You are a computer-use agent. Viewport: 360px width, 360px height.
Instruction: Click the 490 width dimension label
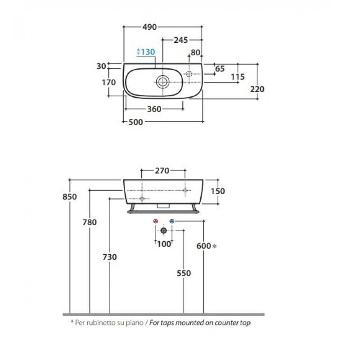(149, 27)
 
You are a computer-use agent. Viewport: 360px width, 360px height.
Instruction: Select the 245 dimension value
(181, 40)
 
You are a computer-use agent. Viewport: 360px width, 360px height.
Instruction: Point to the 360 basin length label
(154, 109)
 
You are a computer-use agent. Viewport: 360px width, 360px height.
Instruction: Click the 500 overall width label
(135, 122)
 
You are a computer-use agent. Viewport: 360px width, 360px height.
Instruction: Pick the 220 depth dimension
(257, 89)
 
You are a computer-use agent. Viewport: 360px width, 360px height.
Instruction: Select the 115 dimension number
(238, 76)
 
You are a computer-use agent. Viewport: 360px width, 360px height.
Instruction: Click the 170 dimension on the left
(109, 82)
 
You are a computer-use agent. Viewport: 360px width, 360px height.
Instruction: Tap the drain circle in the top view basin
(163, 82)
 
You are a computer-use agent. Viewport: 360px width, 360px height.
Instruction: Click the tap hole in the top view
(189, 74)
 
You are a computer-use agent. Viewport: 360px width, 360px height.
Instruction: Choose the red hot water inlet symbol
(156, 221)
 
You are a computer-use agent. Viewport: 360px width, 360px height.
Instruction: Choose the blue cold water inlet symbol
(172, 221)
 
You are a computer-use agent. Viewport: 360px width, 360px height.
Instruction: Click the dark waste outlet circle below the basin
(164, 230)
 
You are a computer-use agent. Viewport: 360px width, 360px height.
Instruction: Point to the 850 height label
(70, 197)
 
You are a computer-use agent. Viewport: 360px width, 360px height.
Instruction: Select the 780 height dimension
(90, 222)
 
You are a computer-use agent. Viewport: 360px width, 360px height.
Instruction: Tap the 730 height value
(110, 257)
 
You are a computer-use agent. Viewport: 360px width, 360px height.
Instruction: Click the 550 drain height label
(184, 273)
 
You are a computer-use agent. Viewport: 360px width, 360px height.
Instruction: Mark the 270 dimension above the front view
(162, 171)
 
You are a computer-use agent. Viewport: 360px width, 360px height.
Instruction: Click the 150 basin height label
(218, 191)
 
